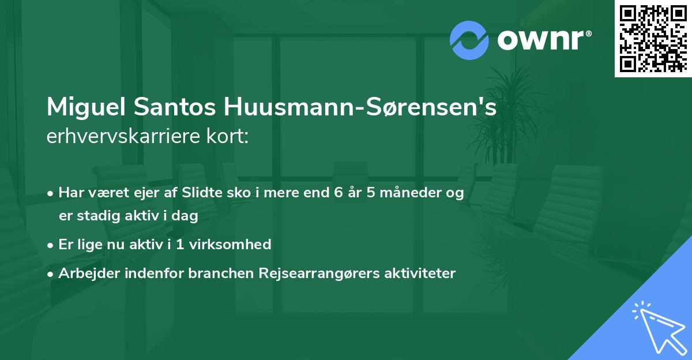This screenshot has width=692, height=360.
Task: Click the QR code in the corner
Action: click(x=653, y=38)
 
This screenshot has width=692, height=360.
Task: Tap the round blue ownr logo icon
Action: click(x=469, y=40)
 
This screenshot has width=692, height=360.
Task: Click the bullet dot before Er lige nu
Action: click(x=51, y=245)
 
